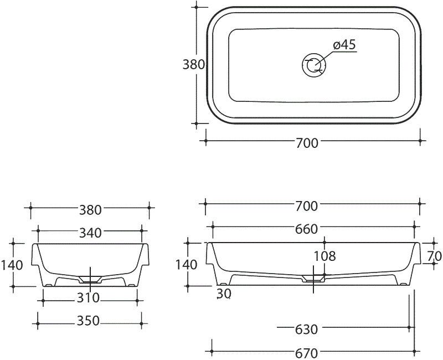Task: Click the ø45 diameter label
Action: [344, 45]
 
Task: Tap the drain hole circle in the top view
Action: [314, 65]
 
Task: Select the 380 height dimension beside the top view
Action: [194, 64]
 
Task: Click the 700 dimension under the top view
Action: [307, 143]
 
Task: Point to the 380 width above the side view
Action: [90, 210]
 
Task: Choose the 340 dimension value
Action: [90, 233]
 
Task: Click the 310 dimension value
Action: [88, 298]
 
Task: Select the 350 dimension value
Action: [89, 321]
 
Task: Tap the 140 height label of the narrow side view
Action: [12, 265]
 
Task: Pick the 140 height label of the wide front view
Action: [186, 265]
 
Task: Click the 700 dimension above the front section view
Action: [307, 207]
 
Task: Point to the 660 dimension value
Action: [307, 229]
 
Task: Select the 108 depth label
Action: [324, 256]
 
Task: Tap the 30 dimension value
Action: [223, 294]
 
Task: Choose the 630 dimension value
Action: [306, 330]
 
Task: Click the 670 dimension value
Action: [306, 353]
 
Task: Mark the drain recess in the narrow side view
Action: [89, 277]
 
